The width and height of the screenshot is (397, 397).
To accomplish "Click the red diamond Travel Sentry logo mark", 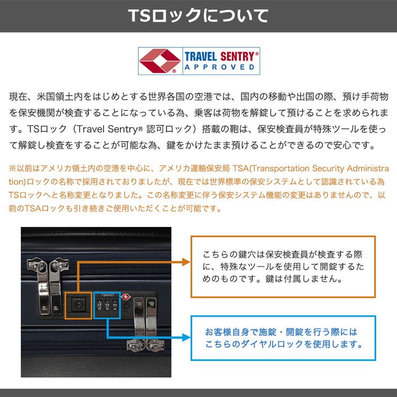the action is click(159, 61).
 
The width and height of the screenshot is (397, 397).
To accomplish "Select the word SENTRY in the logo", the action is click(237, 56).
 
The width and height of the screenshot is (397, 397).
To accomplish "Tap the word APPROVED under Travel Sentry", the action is click(219, 68).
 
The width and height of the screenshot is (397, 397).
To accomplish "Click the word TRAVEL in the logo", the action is click(201, 56).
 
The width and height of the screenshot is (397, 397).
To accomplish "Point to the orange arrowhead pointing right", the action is click(186, 262).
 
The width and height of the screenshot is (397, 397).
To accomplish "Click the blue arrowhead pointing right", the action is click(186, 337).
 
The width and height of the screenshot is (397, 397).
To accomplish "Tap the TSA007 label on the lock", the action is click(108, 295).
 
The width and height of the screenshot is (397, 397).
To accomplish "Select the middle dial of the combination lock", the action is click(107, 305).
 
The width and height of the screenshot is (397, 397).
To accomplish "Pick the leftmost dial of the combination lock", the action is click(100, 305).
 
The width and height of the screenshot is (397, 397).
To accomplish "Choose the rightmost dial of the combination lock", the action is click(115, 305).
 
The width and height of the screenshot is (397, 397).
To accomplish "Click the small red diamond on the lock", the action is click(126, 297).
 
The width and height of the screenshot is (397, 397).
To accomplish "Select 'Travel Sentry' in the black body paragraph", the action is click(107, 129).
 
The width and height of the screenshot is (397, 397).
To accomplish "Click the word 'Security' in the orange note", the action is click(328, 168).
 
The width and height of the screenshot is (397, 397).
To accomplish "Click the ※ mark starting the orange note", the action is click(12, 168).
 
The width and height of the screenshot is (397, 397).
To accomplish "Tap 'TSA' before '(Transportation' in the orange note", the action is click(240, 168).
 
